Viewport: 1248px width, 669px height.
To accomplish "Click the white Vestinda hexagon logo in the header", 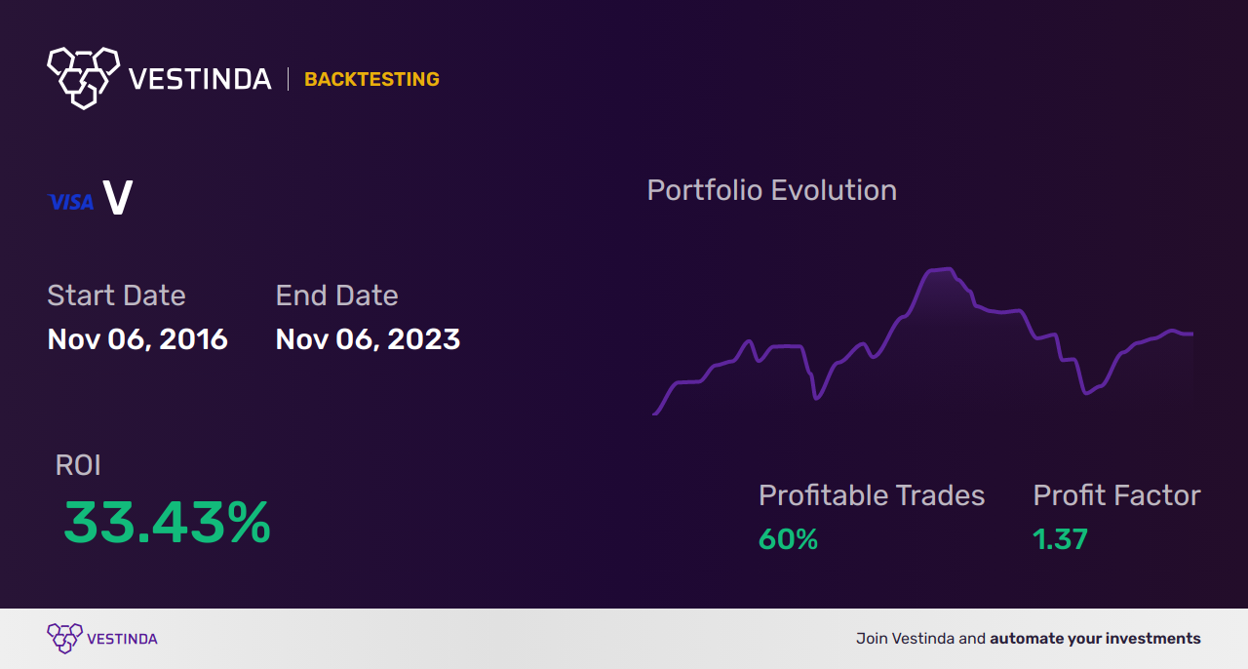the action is tap(84, 78).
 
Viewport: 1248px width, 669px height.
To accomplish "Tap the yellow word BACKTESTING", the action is tap(371, 79).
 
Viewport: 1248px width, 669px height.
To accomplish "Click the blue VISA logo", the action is tap(71, 202).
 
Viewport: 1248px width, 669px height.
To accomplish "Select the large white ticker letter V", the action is tap(118, 197).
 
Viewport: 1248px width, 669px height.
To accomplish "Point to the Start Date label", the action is tap(116, 295).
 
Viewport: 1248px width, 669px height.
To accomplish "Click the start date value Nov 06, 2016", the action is tap(137, 339).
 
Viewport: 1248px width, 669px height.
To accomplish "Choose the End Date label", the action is tap(336, 295).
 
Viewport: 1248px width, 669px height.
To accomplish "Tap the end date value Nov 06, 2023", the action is tap(368, 339).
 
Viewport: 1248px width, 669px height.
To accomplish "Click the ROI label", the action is tap(78, 465).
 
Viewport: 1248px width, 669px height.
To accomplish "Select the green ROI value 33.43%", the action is tap(167, 523).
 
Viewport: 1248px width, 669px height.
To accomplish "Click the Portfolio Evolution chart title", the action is tap(771, 190).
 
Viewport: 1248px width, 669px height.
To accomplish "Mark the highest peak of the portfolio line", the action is tap(950, 269).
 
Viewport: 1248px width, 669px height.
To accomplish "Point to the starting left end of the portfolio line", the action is tap(654, 414).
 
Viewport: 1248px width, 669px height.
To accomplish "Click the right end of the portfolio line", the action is tap(1191, 334).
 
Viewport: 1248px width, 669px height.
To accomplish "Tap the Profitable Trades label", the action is tap(872, 495).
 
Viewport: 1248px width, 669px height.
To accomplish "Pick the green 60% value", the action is tap(788, 539).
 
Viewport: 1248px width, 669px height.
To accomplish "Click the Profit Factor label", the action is tap(1116, 495).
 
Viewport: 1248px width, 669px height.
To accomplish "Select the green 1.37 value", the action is tap(1060, 539).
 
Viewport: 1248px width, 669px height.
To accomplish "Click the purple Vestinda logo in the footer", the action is tap(102, 639).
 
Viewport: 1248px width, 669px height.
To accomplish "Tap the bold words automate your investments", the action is tap(1095, 639).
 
